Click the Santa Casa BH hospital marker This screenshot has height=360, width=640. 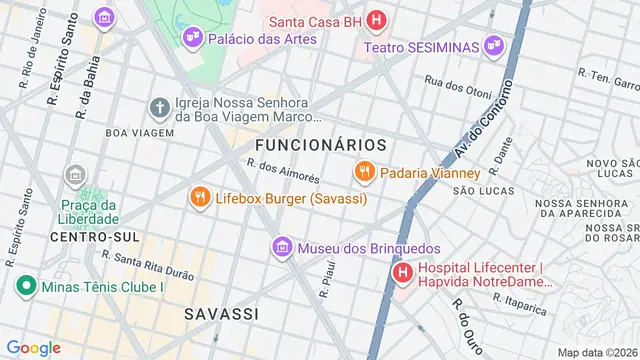point(375,20)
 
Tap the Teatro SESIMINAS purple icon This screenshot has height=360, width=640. point(493,46)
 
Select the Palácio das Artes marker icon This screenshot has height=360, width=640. point(191,38)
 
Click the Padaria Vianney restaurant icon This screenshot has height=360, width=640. point(364,172)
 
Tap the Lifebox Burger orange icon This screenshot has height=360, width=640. point(200,198)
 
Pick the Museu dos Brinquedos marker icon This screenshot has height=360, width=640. point(283,247)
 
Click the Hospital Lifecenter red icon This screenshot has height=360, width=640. point(402,272)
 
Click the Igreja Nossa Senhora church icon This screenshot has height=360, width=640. point(159,107)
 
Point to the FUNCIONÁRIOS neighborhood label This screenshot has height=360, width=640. point(313,146)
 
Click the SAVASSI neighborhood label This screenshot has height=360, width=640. point(221,314)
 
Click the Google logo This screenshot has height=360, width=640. point(33,347)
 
